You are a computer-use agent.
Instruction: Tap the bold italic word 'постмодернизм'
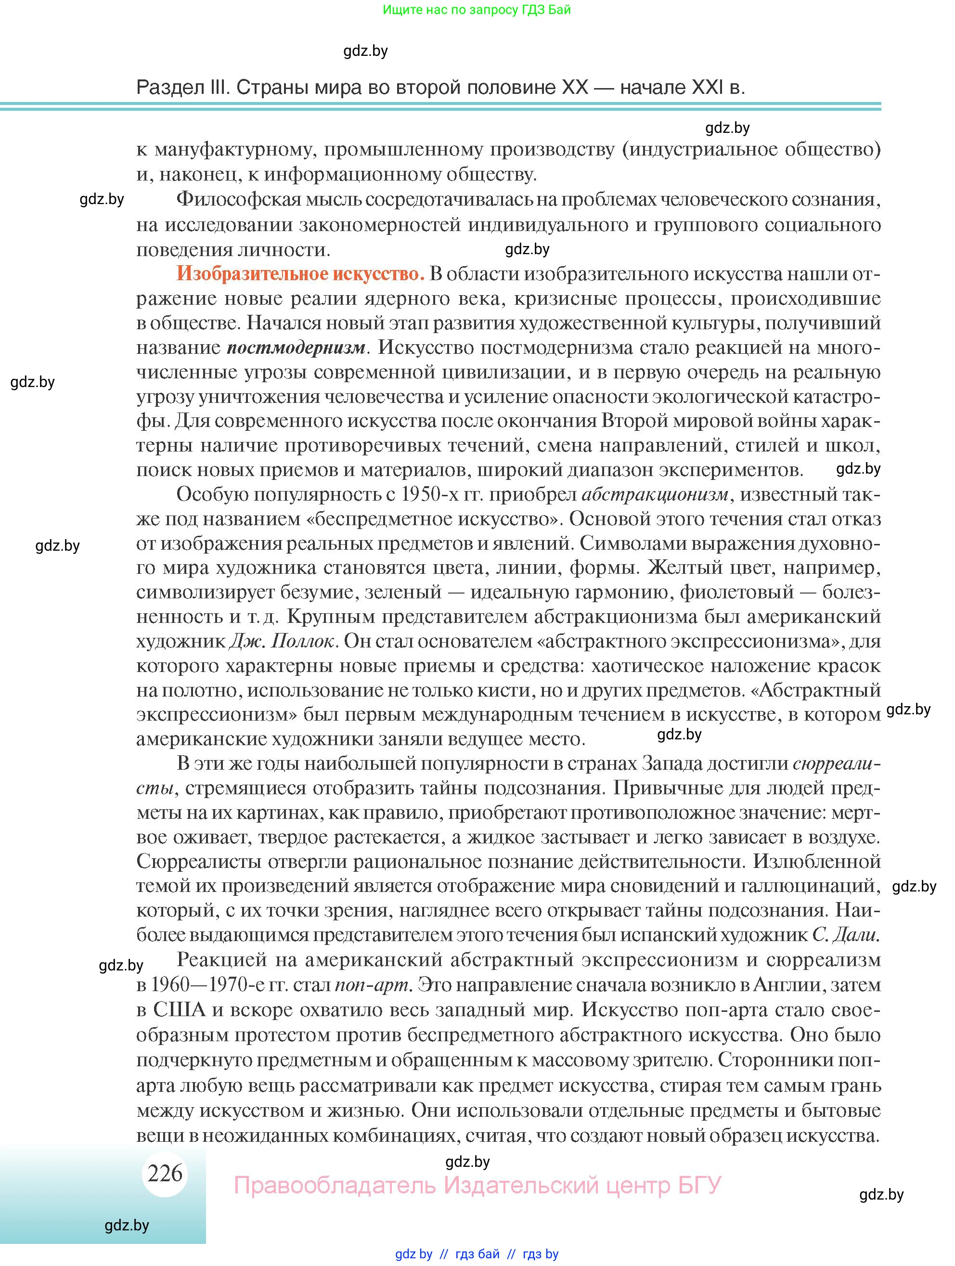click(297, 348)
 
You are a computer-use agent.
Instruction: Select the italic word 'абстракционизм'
click(655, 494)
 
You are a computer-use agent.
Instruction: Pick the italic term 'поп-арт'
click(372, 985)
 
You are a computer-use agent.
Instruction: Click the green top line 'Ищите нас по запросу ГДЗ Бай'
click(477, 10)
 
